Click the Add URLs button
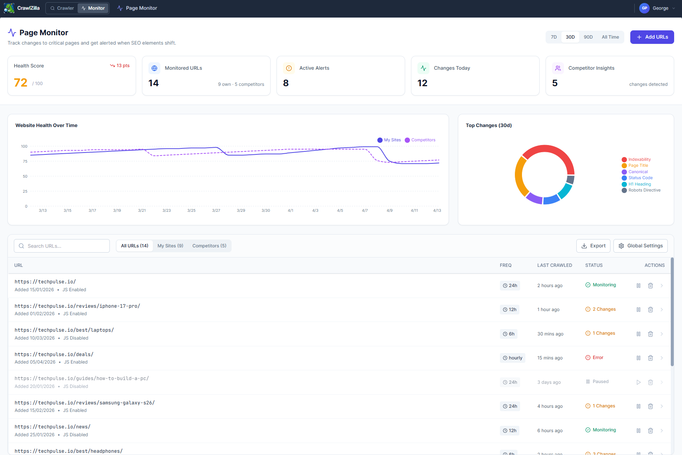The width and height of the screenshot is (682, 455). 652,37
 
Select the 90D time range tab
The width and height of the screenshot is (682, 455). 588,37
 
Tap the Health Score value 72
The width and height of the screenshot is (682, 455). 21,83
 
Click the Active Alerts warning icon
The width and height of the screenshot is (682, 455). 289,68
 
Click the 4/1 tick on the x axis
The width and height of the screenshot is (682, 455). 290,211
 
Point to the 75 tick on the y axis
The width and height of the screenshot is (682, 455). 25,162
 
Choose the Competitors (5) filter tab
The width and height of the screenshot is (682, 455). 209,246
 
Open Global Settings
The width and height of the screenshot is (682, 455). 640,246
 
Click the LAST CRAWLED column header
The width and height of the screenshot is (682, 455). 555,265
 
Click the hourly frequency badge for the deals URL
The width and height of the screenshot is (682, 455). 512,358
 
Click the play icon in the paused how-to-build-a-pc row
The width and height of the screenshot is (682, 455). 639,382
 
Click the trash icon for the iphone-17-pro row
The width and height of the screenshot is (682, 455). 651,310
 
